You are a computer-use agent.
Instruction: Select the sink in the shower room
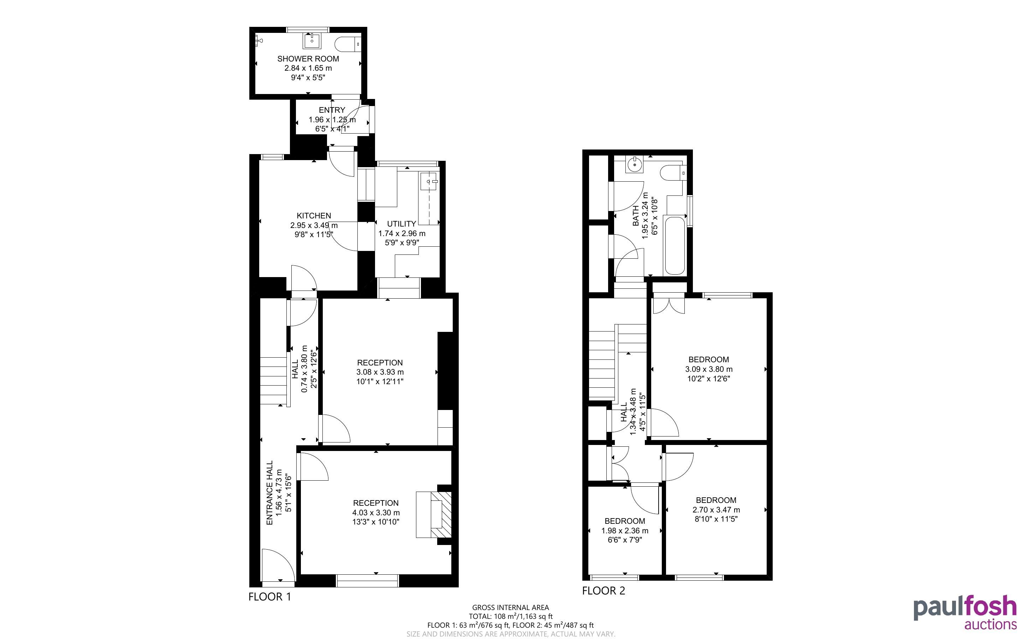312,41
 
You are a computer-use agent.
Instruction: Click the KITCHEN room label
314,216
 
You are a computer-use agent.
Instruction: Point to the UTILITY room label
402,224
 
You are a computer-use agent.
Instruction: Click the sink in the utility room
430,181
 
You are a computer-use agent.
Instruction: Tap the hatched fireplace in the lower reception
441,514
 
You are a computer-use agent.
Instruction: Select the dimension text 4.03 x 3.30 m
376,512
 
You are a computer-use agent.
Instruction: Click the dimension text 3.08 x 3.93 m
380,372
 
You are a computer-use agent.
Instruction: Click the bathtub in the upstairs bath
675,246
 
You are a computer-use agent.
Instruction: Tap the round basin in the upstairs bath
635,164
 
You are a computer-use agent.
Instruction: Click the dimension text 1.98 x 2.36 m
625,530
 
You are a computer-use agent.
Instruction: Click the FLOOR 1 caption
270,597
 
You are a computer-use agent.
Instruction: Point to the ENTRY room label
332,110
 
